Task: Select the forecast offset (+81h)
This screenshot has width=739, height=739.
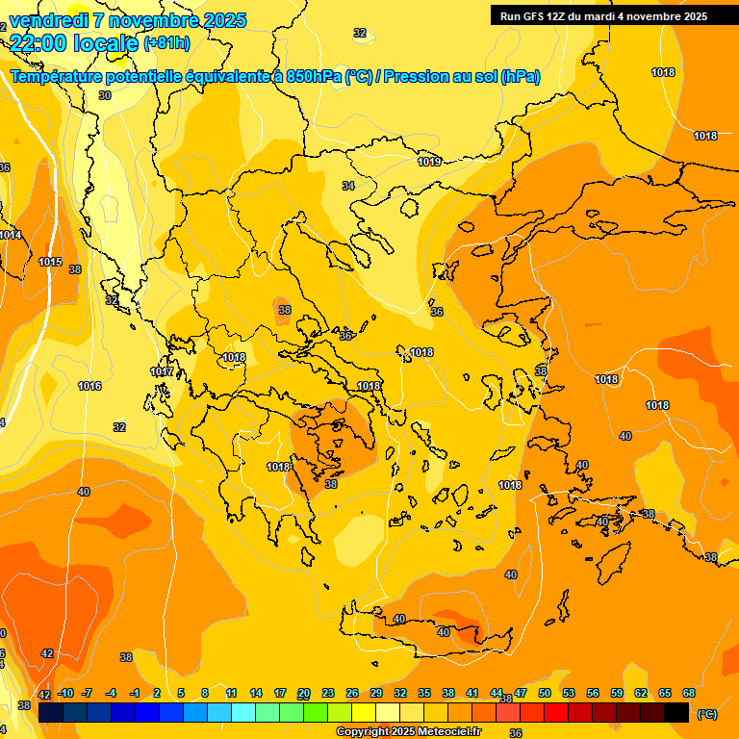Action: point(166,43)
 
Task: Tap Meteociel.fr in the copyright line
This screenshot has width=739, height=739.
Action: point(441,732)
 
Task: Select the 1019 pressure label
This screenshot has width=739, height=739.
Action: point(429,162)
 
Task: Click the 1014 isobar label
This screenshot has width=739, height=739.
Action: point(10,235)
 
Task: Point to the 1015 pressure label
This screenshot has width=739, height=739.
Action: point(50,262)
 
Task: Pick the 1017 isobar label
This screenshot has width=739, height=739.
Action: point(162,371)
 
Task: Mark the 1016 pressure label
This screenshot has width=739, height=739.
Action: point(89,386)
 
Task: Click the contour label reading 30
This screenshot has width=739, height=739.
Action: point(104,95)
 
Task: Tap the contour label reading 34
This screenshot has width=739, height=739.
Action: point(347,186)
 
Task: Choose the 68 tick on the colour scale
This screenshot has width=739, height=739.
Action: point(688,694)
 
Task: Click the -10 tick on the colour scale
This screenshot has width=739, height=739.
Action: point(65,694)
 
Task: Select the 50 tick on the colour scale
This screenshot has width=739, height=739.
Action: point(544,694)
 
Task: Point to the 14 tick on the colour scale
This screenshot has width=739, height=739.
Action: point(256,694)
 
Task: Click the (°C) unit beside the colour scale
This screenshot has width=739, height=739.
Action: point(706,713)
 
